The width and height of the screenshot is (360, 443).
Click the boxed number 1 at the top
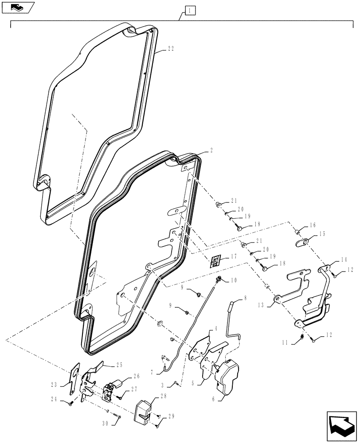point(189,10)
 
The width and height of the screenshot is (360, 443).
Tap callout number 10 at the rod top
point(234,280)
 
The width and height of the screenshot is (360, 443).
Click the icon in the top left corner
point(17,7)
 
